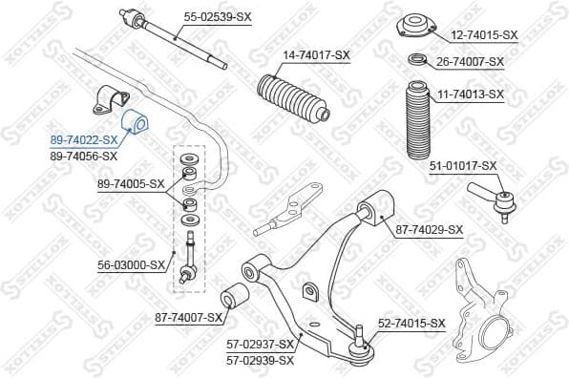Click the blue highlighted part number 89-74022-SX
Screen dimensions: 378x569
pyautogui.click(x=84, y=140)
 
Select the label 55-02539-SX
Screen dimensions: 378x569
pyautogui.click(x=219, y=17)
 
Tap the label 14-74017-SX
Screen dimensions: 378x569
pyautogui.click(x=316, y=55)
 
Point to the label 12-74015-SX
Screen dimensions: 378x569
pyautogui.click(x=484, y=34)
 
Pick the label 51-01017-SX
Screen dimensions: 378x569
pyautogui.click(x=463, y=165)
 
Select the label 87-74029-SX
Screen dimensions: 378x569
pyautogui.click(x=429, y=229)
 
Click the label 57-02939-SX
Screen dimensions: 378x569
pyautogui.click(x=260, y=360)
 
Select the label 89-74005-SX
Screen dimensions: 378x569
pyautogui.click(x=131, y=183)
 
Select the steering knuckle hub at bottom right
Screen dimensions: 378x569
pyautogui.click(x=493, y=335)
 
